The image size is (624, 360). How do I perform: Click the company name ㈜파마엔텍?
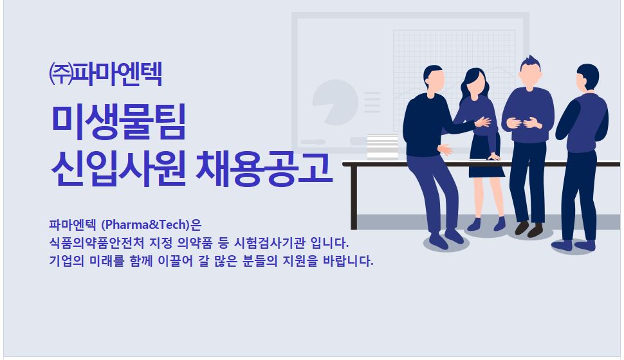pos(105,73)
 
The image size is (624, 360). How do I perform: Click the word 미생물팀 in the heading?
pos(118,122)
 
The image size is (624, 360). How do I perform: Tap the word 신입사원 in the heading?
pos(118,168)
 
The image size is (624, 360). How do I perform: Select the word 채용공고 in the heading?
pos(264,168)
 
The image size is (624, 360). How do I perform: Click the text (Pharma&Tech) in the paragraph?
pos(145,225)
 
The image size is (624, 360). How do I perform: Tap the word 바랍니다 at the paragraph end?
pos(348,261)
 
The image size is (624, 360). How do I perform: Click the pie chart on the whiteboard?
pos(335,102)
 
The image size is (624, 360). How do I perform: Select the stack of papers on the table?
pos(382,147)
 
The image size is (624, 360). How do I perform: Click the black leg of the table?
pos(353,197)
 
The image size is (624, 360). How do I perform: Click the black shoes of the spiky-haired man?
pos(529,229)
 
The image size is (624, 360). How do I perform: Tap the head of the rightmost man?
pos(587,77)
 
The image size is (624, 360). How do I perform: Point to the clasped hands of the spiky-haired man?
pos(526,123)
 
